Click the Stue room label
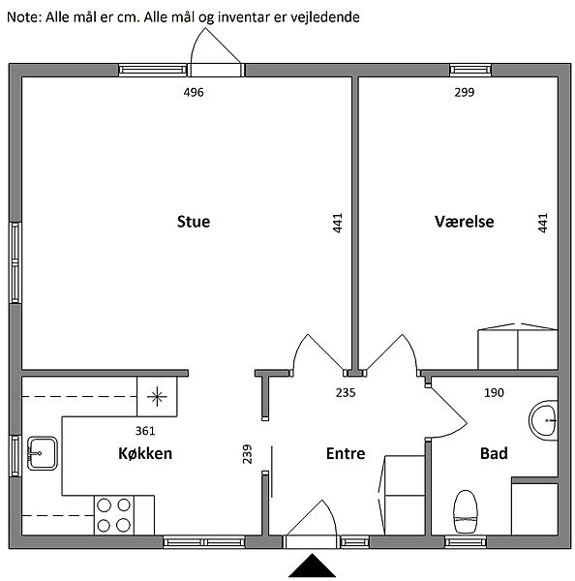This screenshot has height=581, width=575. tap(194, 222)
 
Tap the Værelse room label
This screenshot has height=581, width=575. tap(465, 222)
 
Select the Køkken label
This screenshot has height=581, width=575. tap(145, 453)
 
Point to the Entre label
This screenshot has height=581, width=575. tap(346, 453)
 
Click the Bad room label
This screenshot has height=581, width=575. tap(494, 453)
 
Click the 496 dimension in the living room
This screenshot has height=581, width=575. tap(194, 92)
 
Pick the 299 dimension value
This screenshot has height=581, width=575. tap(465, 92)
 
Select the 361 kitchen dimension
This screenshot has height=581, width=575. tap(145, 431)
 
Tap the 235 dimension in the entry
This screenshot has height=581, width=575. tap(346, 393)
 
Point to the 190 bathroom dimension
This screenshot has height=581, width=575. tap(495, 393)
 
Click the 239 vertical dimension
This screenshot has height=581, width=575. tap(247, 454)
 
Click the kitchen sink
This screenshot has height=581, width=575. tap(43, 453)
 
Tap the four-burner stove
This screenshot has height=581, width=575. tap(113, 515)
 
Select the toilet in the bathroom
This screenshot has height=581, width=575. tap(466, 511)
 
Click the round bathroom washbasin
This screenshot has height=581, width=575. tap(543, 420)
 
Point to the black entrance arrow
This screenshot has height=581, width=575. tap(313, 566)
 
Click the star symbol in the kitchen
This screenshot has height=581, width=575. tap(157, 396)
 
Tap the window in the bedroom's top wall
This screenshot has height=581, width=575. tap(470, 70)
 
